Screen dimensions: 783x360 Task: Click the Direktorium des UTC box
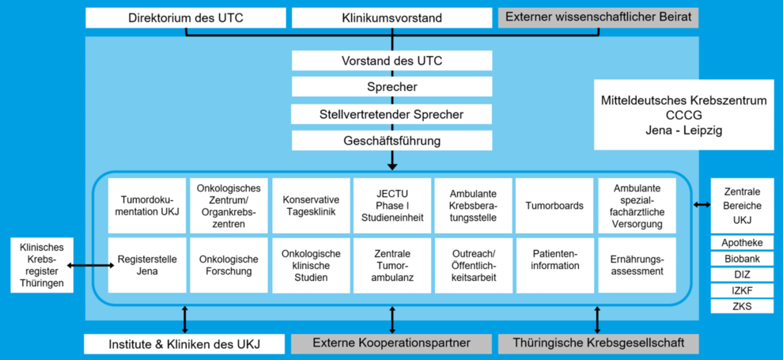[x=186, y=18]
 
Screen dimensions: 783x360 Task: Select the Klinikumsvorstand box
[x=392, y=18]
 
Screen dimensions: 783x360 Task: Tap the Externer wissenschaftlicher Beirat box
[x=598, y=18]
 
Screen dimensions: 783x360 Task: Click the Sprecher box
[x=392, y=87]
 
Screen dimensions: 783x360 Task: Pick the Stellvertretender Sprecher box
[x=392, y=114]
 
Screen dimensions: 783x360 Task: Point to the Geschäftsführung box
[x=392, y=140]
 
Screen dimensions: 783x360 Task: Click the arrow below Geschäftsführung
[x=392, y=161]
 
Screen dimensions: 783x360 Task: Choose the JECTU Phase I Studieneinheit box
[x=392, y=206]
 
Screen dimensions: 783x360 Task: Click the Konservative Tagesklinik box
[x=311, y=206]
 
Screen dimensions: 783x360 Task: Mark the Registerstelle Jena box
[x=147, y=265]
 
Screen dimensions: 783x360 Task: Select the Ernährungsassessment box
[x=637, y=265]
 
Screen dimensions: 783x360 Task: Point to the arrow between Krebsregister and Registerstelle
[x=91, y=266]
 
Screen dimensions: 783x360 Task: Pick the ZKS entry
[x=743, y=305]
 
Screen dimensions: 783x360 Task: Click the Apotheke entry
[x=743, y=243]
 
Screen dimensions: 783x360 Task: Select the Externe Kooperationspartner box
[x=392, y=343]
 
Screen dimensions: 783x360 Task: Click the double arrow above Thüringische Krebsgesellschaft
[x=598, y=320]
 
